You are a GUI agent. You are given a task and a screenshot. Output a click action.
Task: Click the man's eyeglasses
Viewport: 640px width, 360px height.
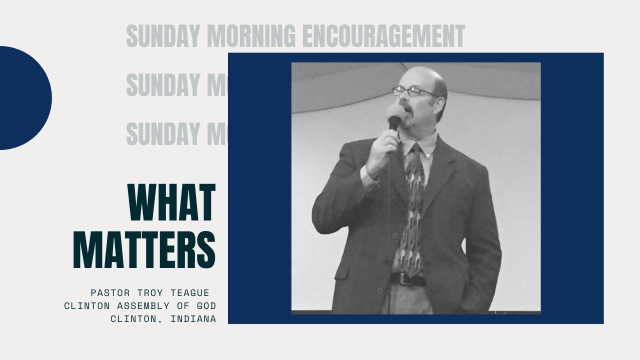[x=413, y=91]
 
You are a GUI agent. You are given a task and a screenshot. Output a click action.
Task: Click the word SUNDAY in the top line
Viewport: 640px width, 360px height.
[x=159, y=36]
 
